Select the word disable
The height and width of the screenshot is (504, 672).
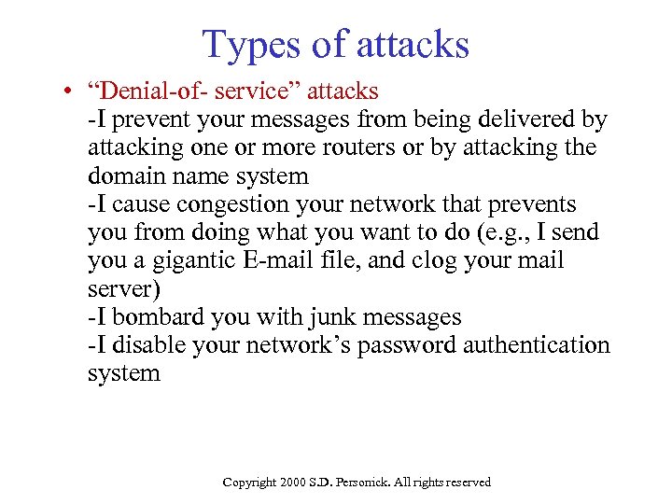point(149,345)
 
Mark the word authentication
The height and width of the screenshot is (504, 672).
point(545,345)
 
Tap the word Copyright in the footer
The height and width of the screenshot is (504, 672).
point(249,483)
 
